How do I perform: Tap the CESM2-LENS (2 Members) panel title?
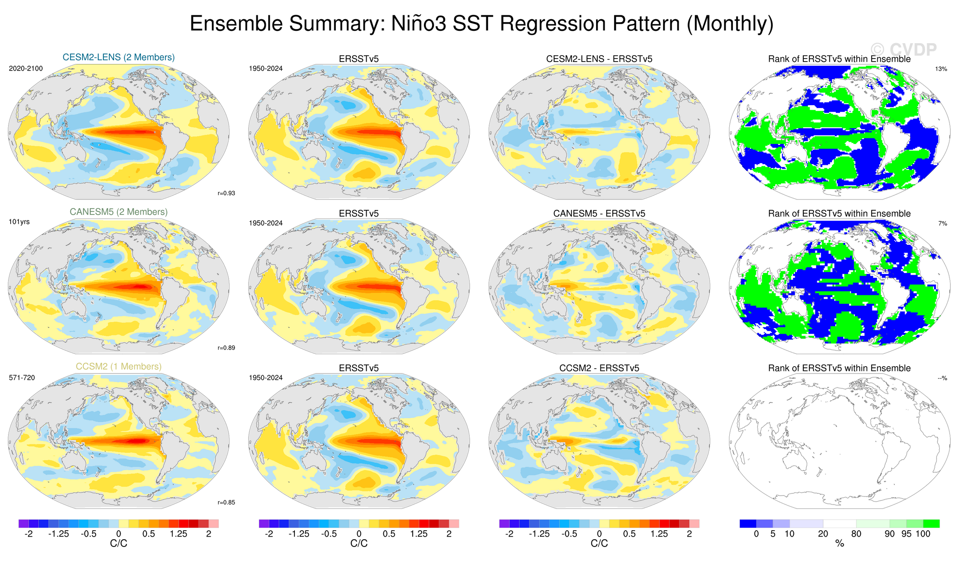tap(118, 57)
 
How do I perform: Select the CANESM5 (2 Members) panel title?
tap(118, 212)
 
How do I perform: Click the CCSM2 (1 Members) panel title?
tap(118, 367)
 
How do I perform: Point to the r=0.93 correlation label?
tap(226, 193)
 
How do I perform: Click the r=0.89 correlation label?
tap(226, 348)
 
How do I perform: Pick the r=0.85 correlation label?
tap(226, 502)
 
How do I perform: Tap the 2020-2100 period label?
tap(26, 68)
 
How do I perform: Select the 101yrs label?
tap(19, 222)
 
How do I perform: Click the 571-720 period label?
tap(22, 378)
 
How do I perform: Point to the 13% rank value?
tap(941, 69)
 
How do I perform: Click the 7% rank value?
tap(942, 223)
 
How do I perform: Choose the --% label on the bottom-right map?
tap(942, 378)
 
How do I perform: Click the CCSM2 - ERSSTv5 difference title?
tap(599, 368)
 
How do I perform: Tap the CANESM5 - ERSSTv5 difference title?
tap(599, 214)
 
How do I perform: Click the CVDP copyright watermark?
tap(903, 50)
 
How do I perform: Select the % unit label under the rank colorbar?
tap(839, 543)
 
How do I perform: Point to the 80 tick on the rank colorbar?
tap(856, 534)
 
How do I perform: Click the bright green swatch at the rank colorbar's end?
tap(931, 524)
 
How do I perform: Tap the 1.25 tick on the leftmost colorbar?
tap(178, 534)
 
